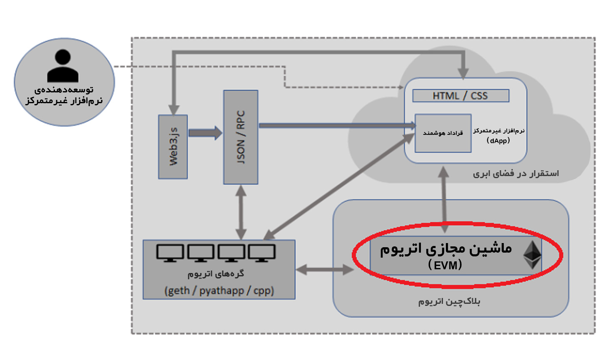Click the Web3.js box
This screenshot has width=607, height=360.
click(x=173, y=147)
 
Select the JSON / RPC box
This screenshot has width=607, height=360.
click(x=241, y=137)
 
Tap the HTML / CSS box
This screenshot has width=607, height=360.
click(x=460, y=96)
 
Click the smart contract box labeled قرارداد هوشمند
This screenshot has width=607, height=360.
click(x=443, y=133)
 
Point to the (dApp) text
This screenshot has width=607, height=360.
click(x=498, y=141)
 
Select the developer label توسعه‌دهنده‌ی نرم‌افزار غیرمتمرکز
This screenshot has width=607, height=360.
click(x=64, y=95)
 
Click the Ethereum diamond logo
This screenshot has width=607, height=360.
click(x=532, y=255)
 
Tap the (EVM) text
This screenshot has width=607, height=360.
click(x=445, y=265)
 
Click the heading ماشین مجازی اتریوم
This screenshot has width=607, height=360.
click(x=445, y=248)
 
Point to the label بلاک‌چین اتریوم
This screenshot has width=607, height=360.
click(x=449, y=301)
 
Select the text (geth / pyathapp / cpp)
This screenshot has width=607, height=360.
click(x=219, y=290)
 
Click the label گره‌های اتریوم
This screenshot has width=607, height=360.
click(x=216, y=274)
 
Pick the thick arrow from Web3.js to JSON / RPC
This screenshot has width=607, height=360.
click(x=205, y=133)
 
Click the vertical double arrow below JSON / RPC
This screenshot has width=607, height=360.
click(x=241, y=212)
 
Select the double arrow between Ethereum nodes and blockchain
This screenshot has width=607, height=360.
click(x=325, y=270)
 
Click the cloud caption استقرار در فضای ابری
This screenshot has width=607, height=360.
click(x=515, y=174)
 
